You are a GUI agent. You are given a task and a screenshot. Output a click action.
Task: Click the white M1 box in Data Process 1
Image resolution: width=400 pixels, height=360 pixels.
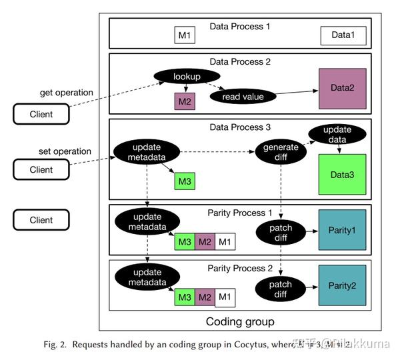[184, 35]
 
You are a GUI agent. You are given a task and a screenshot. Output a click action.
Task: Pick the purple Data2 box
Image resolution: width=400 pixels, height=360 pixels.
[342, 88]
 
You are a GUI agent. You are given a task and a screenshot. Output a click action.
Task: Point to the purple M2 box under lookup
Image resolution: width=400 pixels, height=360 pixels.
[184, 101]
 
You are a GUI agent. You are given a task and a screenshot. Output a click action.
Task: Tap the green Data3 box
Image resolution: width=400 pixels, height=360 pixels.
[342, 175]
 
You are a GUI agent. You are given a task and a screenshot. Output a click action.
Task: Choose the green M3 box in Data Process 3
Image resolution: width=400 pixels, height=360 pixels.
[184, 180]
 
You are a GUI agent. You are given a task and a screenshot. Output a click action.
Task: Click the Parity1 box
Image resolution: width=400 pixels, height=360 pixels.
[342, 229]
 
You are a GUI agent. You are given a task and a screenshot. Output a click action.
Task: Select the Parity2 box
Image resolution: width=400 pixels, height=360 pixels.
[342, 285]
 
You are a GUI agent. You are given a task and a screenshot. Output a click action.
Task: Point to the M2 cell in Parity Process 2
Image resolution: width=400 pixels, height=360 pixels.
[205, 296]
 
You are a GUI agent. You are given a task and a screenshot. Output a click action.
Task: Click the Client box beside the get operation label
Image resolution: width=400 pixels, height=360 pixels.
[41, 114]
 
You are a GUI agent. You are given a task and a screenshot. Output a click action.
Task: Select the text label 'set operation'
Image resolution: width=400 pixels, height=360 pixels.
[65, 151]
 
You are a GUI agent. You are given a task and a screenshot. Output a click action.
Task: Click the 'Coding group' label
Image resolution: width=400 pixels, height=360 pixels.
[241, 322]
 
